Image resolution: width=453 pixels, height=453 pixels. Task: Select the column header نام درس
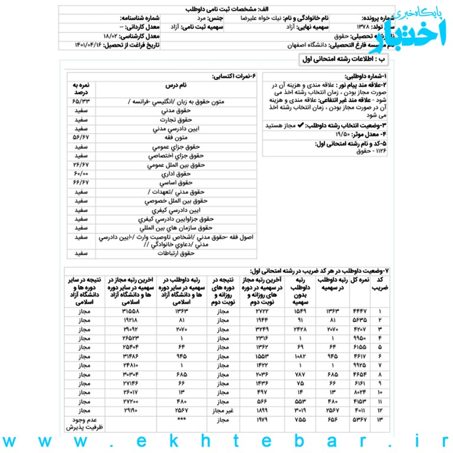click(x=175, y=85)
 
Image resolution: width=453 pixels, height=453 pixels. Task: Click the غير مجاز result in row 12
click(x=222, y=409)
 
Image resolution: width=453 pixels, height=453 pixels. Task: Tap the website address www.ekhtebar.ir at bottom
click(x=226, y=441)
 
